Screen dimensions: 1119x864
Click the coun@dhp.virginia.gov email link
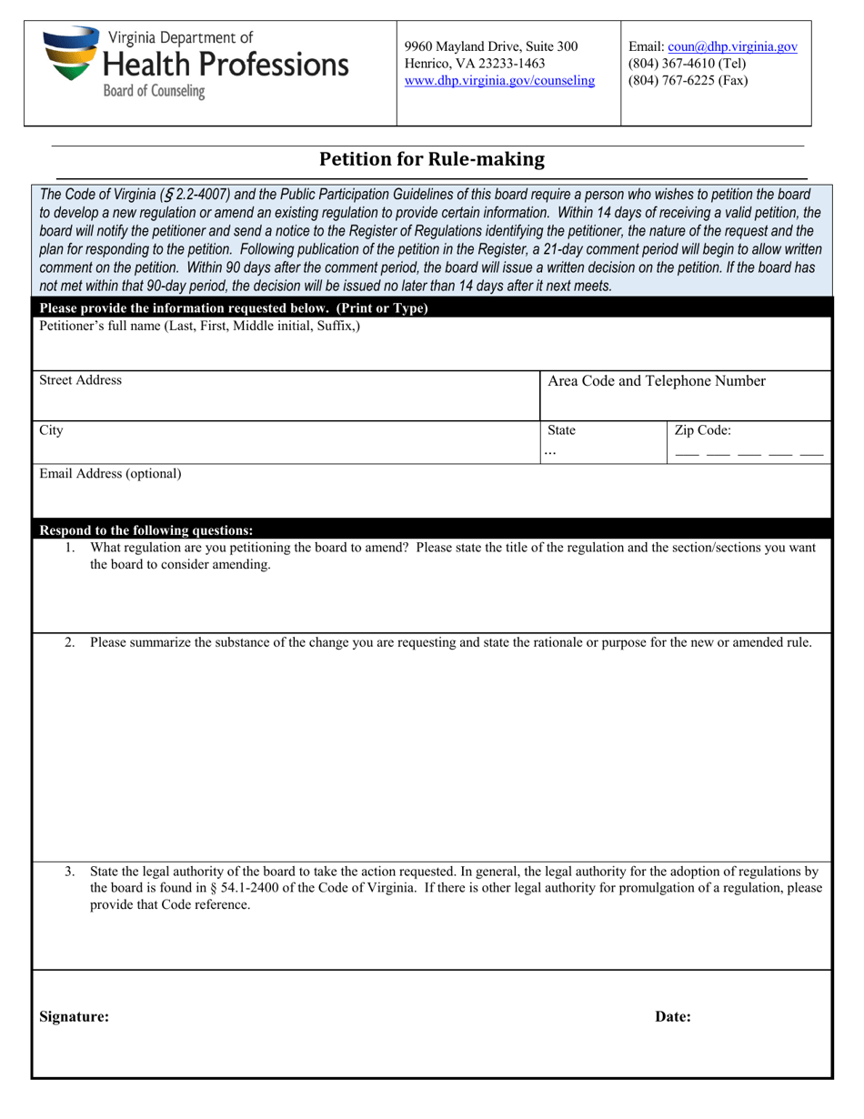[x=732, y=47]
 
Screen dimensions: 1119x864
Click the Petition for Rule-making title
[x=431, y=159]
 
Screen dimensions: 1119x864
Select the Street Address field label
[x=80, y=380]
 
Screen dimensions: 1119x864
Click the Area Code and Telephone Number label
[x=656, y=381]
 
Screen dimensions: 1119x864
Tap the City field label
[x=51, y=430]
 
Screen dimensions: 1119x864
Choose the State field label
[x=561, y=430]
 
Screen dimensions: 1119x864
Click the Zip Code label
[x=702, y=430]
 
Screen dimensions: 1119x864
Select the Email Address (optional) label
[x=109, y=473]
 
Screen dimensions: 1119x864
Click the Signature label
[x=74, y=1017]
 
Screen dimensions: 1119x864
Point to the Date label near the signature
[x=672, y=1017]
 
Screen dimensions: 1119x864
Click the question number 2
[x=70, y=642]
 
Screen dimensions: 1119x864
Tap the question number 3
[x=70, y=872]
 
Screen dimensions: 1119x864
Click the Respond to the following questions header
[x=146, y=530]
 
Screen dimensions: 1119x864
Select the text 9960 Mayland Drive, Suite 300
[x=490, y=46]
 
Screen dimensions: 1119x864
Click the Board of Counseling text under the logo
[x=154, y=91]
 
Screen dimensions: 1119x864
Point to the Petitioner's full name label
[x=199, y=326]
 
